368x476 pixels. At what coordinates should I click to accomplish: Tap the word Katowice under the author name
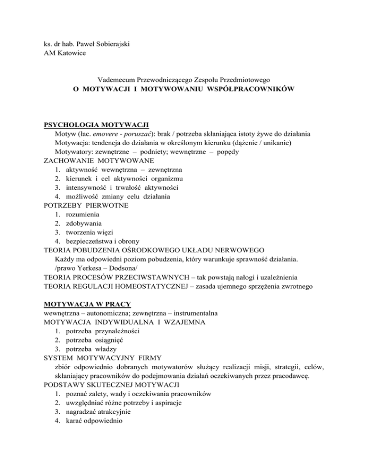click(65, 53)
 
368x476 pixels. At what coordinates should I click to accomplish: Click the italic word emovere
click(105, 135)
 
